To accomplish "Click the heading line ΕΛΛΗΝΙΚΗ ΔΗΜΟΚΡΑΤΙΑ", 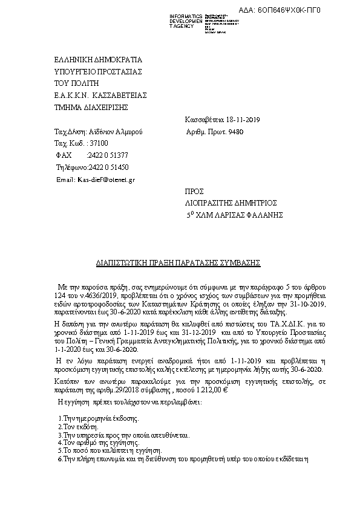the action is [97, 60].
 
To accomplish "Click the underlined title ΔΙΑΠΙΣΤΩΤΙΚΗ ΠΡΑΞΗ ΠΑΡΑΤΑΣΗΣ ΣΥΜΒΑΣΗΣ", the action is [178, 264].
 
